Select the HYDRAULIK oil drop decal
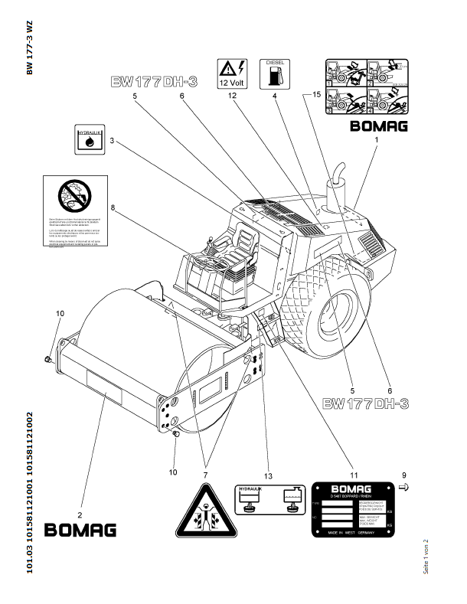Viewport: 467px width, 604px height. point(90,139)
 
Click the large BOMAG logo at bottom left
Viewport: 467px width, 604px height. point(80,529)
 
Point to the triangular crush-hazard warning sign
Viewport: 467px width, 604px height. point(201,512)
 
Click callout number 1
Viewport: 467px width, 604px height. point(376,142)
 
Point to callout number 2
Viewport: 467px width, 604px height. point(80,504)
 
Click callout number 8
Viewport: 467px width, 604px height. point(113,207)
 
